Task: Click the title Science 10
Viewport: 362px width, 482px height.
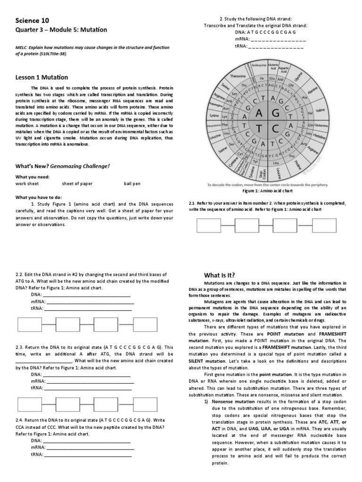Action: click(32, 21)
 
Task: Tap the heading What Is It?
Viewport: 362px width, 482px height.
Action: click(219, 275)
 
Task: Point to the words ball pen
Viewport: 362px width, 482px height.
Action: click(132, 184)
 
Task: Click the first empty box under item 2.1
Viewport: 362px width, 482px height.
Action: click(209, 226)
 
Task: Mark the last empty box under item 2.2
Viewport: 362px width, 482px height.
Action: click(145, 325)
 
